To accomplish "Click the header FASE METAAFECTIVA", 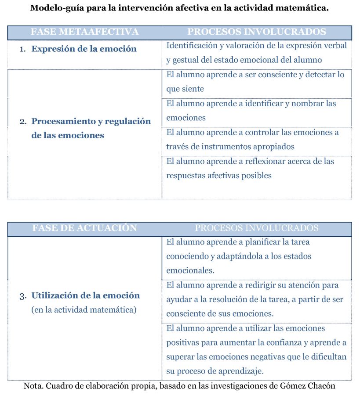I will [x=85, y=32].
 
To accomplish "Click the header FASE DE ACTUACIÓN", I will [x=85, y=228].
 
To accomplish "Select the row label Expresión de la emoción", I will [x=84, y=49].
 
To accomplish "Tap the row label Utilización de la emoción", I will [x=86, y=295].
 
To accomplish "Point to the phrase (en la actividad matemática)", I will [x=84, y=310].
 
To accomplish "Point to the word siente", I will [x=185, y=89].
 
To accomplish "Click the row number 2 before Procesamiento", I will [x=23, y=122].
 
